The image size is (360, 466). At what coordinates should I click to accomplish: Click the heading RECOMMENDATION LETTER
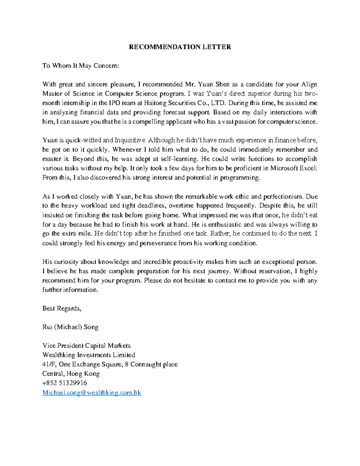point(180,47)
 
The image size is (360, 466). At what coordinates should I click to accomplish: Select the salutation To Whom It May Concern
point(81,66)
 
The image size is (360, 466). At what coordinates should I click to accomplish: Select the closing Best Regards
point(62,308)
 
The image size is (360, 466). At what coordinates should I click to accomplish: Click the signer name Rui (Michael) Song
point(70,327)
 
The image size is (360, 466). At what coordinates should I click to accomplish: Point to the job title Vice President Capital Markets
point(86,346)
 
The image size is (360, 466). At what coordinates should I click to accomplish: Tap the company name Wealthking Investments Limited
point(89,355)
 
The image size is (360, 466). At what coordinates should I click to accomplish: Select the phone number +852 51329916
point(65,383)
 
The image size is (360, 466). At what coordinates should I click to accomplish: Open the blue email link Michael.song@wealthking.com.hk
point(91,392)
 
